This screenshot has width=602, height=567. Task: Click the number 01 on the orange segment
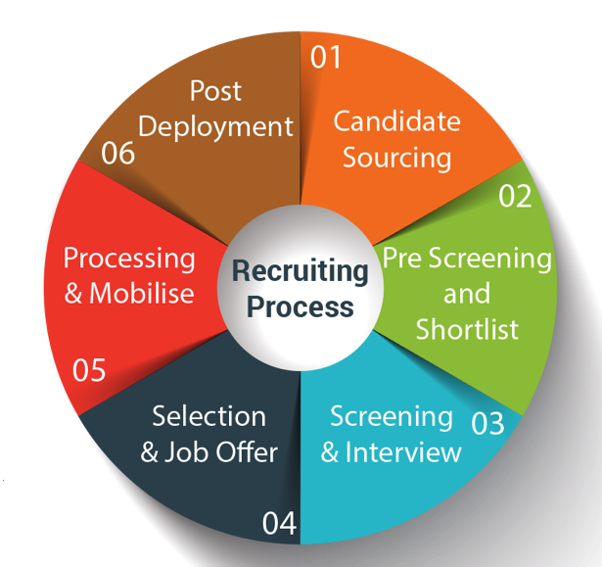coord(326,58)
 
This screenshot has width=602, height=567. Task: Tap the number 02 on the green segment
coord(515,196)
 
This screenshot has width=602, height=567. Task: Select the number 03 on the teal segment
coord(487,423)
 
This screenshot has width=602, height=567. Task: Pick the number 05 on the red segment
coord(89,371)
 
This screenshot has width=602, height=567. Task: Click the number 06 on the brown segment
coord(118,155)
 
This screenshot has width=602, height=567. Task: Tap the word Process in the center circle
coord(300,307)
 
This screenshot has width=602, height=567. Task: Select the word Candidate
coord(396,121)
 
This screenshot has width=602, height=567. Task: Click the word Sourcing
coord(395,157)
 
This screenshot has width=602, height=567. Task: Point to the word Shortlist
coord(467,329)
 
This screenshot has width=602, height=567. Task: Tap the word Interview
coord(403,452)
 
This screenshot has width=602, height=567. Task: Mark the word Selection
coord(209,416)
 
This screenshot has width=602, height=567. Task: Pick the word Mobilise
coord(142,293)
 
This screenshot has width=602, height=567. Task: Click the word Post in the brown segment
coord(215,91)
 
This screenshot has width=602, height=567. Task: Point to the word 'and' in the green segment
coord(467,294)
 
